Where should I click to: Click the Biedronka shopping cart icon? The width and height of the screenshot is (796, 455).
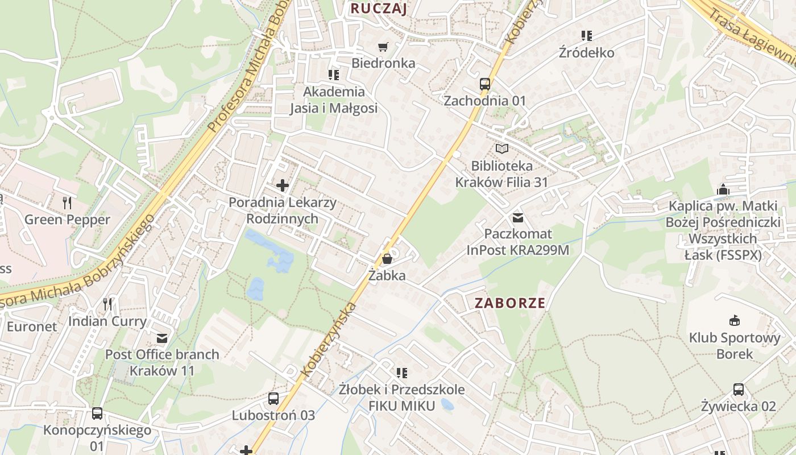pyautogui.click(x=383, y=47)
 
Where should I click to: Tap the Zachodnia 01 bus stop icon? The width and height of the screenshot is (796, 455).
pyautogui.click(x=485, y=84)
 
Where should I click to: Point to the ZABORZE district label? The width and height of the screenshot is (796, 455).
pyautogui.click(x=510, y=303)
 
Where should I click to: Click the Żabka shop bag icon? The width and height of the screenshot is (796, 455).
pyautogui.click(x=387, y=259)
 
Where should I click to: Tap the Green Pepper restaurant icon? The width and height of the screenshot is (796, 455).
pyautogui.click(x=67, y=202)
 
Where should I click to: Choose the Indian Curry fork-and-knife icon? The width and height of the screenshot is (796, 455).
pyautogui.click(x=107, y=304)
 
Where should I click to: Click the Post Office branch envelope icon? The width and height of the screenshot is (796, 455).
pyautogui.click(x=162, y=338)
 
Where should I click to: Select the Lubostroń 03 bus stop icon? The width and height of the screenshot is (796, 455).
pyautogui.click(x=273, y=399)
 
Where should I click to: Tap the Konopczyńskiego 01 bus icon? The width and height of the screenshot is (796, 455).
pyautogui.click(x=97, y=413)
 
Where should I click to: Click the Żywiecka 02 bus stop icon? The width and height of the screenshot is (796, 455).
pyautogui.click(x=738, y=390)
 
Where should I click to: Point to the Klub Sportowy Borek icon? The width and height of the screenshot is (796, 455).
pyautogui.click(x=735, y=320)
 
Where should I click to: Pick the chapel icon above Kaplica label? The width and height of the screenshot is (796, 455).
pyautogui.click(x=723, y=189)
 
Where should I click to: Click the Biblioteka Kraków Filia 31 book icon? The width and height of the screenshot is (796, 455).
pyautogui.click(x=501, y=149)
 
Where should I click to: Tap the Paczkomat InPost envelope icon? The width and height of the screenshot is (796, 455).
pyautogui.click(x=517, y=217)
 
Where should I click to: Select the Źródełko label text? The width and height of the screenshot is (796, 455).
pyautogui.click(x=586, y=53)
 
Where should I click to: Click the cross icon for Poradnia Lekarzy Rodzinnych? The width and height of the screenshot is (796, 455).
pyautogui.click(x=282, y=185)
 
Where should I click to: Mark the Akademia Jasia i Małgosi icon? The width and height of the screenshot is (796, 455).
pyautogui.click(x=333, y=75)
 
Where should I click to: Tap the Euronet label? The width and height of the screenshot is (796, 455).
pyautogui.click(x=32, y=326)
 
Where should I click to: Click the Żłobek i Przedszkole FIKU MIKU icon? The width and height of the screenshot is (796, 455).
pyautogui.click(x=402, y=373)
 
